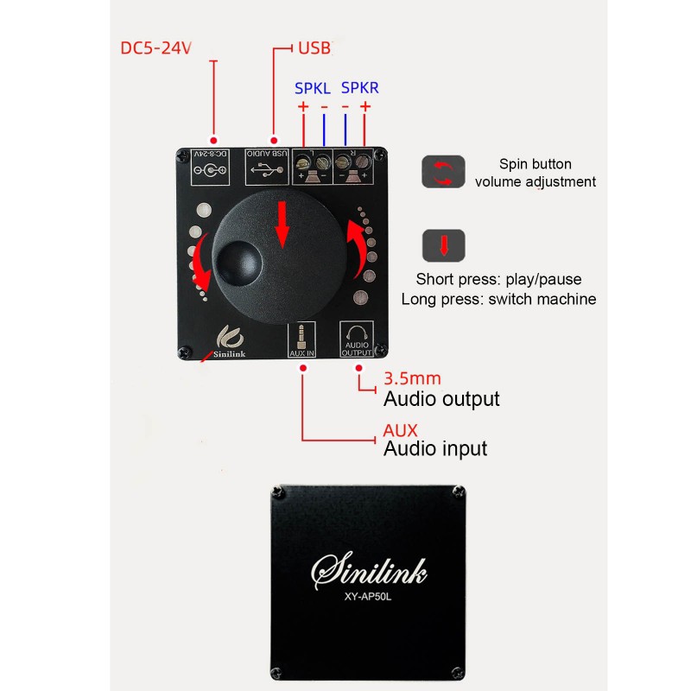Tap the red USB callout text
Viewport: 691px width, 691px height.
click(x=314, y=48)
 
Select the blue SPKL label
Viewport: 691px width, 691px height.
click(x=312, y=88)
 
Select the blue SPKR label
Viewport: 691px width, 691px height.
click(x=359, y=88)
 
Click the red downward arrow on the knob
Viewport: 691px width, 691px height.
click(x=282, y=224)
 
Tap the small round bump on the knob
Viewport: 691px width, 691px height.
click(x=237, y=260)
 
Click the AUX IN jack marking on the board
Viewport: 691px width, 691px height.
click(x=301, y=339)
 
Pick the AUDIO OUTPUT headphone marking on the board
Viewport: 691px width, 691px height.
click(x=356, y=339)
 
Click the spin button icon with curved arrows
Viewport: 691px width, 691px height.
click(x=443, y=172)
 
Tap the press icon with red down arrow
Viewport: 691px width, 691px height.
click(x=443, y=246)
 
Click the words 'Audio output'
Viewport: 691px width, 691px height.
click(x=441, y=399)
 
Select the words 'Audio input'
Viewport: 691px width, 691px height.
click(x=434, y=448)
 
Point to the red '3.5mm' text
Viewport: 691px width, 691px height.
click(x=412, y=379)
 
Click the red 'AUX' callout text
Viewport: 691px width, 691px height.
click(x=400, y=429)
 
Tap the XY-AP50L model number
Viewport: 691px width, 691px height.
click(x=369, y=599)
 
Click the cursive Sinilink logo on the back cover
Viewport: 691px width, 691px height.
click(x=369, y=570)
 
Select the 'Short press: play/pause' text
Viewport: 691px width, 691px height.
click(x=498, y=280)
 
